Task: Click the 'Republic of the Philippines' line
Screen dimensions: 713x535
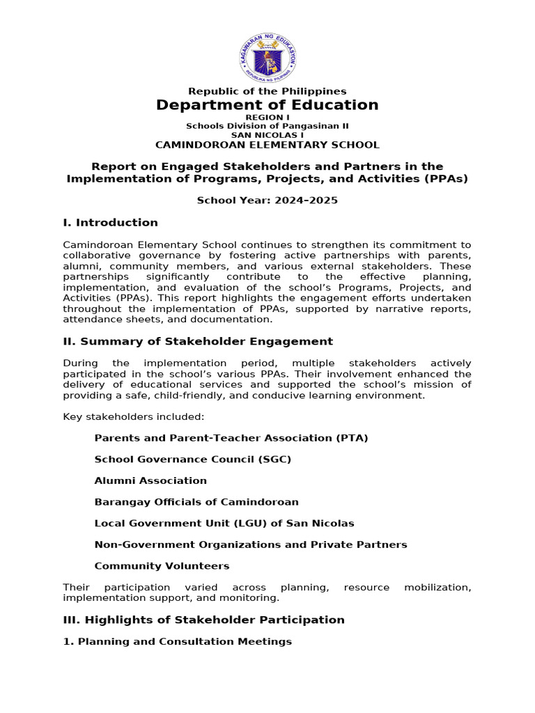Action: (x=267, y=91)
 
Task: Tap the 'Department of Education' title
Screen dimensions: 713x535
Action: (x=267, y=105)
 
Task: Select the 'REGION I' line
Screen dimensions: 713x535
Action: (x=267, y=118)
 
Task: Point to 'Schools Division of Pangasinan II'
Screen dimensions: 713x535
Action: (x=267, y=126)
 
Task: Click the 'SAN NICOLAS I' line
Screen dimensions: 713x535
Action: (x=267, y=135)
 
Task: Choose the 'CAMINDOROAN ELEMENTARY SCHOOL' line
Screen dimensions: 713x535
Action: (x=267, y=145)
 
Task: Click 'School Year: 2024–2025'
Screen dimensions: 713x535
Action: (x=267, y=201)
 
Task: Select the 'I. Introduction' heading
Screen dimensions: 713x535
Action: (x=110, y=223)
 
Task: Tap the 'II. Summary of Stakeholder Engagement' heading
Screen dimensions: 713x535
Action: (x=198, y=341)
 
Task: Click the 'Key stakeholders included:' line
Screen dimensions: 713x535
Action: (x=134, y=416)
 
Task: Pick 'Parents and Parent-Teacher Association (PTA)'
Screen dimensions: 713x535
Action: (x=231, y=438)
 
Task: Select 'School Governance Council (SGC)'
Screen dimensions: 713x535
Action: (x=193, y=460)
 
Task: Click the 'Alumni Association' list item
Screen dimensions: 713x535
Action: (x=150, y=480)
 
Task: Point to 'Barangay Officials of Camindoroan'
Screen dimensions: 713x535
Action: (x=196, y=502)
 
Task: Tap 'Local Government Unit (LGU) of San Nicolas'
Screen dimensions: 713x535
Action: (x=224, y=523)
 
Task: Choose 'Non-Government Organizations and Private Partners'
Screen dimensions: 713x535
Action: (x=251, y=544)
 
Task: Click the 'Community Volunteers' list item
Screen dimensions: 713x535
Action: (x=162, y=566)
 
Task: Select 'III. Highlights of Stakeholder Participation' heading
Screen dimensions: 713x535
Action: (x=203, y=620)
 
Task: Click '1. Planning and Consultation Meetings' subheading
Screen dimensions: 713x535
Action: (x=178, y=641)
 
